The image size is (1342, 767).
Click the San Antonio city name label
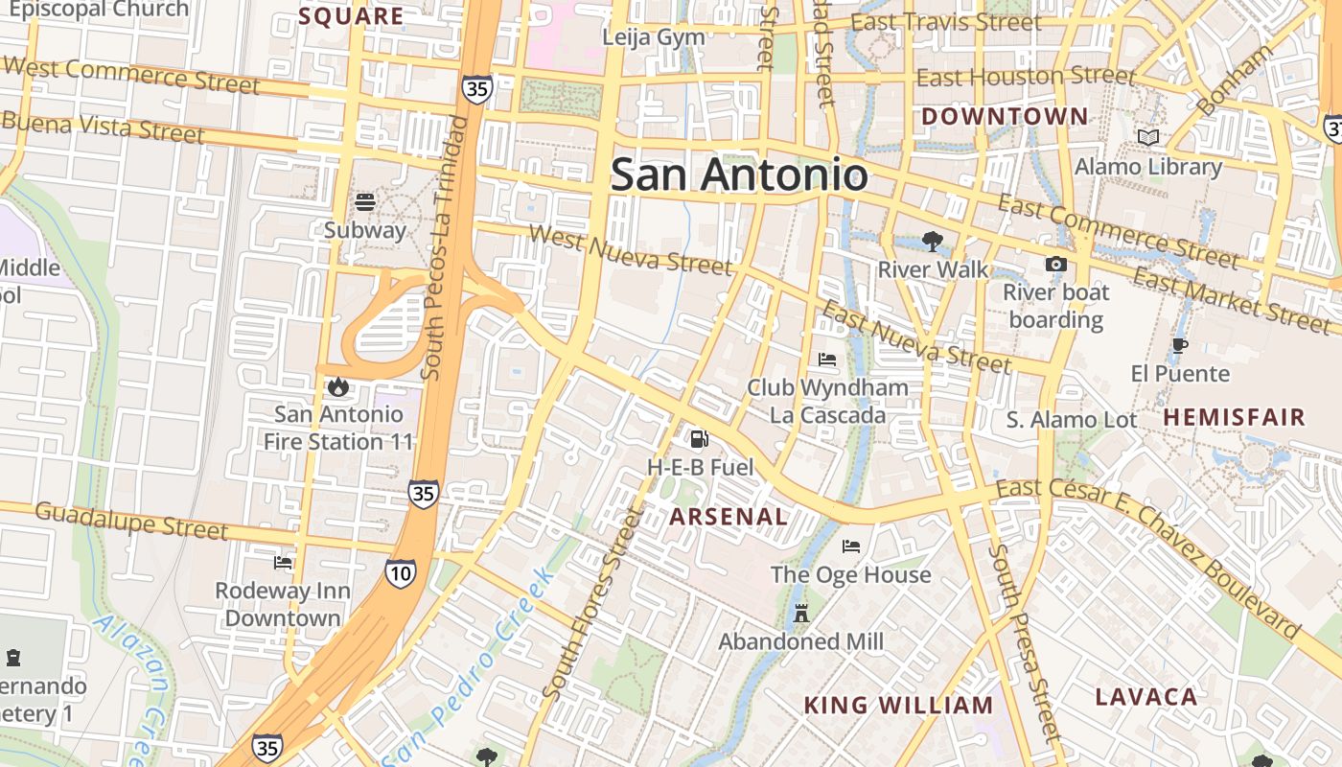[739, 174]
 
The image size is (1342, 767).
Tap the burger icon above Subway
[365, 202]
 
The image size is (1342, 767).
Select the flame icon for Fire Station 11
[337, 386]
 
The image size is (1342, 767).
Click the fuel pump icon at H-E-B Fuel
[700, 439]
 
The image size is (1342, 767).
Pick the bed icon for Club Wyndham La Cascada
[827, 360]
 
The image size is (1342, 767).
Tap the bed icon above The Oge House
[850, 546]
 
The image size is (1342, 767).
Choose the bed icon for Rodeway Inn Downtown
[283, 563]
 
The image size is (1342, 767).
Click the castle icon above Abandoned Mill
[801, 614]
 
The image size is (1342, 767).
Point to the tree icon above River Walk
[932, 242]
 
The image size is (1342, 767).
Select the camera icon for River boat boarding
[1056, 265]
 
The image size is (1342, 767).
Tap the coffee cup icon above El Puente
[1180, 345]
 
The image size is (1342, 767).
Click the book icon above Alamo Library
[1147, 138]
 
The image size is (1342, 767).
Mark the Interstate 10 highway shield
[401, 573]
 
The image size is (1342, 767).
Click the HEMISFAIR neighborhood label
[1235, 417]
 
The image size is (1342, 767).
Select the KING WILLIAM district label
[898, 706]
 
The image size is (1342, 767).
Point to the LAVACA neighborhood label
[1146, 697]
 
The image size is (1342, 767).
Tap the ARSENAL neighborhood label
[729, 517]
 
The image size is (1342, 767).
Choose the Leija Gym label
[654, 37]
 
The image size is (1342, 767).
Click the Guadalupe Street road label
[131, 520]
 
